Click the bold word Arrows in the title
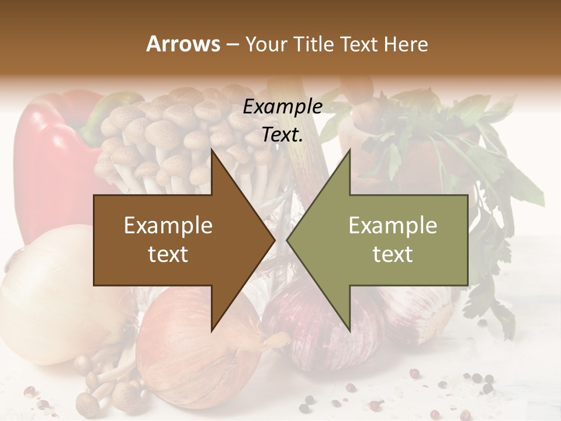[x=183, y=44]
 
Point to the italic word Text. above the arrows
[x=282, y=135]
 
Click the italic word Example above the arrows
[x=282, y=107]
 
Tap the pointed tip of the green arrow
[x=289, y=240]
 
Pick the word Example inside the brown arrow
[x=168, y=226]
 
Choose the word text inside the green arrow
[x=393, y=254]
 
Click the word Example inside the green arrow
[x=393, y=226]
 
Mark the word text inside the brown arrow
[x=168, y=254]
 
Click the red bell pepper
[x=53, y=158]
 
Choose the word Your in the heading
[x=266, y=44]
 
